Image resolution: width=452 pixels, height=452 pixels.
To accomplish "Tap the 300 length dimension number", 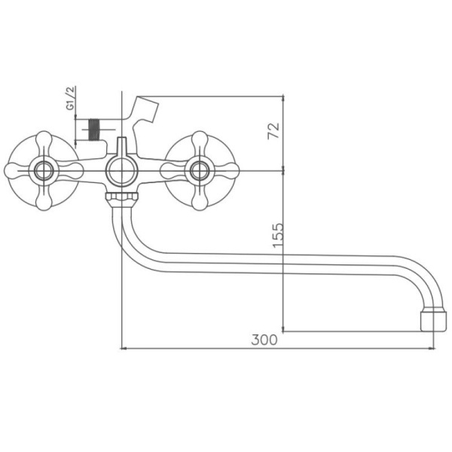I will (264, 340).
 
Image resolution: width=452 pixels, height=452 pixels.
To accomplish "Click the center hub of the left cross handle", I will (44, 169).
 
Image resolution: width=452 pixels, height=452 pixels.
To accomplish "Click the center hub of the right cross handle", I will (201, 169).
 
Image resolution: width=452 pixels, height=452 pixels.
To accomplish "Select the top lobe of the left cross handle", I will (44, 141).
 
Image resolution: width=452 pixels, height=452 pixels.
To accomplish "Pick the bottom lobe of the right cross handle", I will (201, 200).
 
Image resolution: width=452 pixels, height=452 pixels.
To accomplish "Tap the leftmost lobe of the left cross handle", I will (15, 169).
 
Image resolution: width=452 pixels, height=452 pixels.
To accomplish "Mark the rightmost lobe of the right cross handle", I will (230, 169).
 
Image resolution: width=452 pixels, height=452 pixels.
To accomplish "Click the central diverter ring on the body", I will (121, 172).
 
